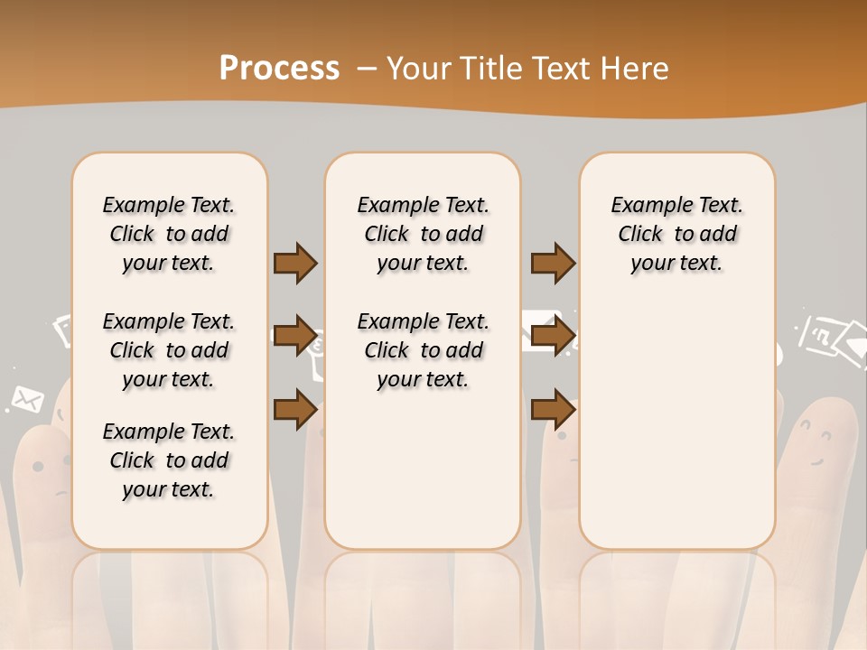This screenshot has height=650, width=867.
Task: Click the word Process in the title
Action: [279, 69]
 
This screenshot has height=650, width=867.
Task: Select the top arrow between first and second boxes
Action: [295, 264]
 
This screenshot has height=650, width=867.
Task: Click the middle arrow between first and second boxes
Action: [295, 337]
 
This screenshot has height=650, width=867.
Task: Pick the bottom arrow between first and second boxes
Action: [295, 410]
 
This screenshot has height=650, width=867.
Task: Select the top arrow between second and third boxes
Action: [553, 264]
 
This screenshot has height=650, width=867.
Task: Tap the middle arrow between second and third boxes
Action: [553, 337]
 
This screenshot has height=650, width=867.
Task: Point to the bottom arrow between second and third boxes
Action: [553, 410]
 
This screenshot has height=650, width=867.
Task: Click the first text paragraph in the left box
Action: [169, 234]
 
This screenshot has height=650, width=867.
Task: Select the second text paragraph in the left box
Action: [169, 350]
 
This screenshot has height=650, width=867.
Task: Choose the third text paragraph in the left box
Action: [169, 460]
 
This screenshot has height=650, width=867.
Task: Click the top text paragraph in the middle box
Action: [423, 234]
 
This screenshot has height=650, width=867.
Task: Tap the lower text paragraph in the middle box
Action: [423, 350]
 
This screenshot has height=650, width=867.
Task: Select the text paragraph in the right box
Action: [676, 234]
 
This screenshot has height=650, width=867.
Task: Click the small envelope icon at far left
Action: [28, 397]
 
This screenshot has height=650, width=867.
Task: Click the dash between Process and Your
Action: [367, 69]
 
